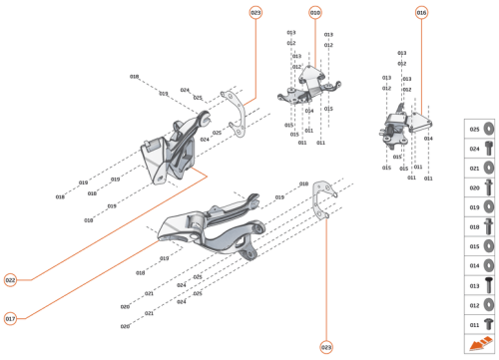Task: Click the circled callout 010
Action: (315, 13)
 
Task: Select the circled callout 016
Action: (421, 13)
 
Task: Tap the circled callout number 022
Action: (11, 280)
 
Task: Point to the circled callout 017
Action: (11, 319)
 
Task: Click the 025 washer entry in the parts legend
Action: (480, 129)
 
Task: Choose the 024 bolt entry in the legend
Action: (480, 149)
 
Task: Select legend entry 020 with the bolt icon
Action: (480, 187)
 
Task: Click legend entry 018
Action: (480, 226)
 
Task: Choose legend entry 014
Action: (480, 265)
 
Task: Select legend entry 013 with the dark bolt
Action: (480, 285)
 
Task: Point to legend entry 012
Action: (480, 304)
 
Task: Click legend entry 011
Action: (480, 324)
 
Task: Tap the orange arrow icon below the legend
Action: (480, 344)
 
